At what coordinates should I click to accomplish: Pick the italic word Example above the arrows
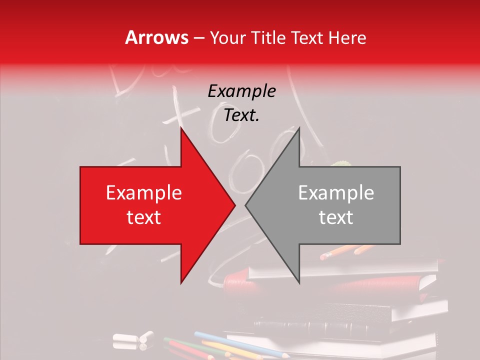coord(241,91)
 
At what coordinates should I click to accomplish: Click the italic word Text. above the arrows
coord(241,115)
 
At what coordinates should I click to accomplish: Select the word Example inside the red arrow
coord(144,193)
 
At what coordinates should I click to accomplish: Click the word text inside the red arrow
coord(144,217)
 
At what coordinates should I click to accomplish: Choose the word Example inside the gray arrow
coord(336,193)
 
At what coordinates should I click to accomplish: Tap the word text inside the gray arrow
coord(336,217)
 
